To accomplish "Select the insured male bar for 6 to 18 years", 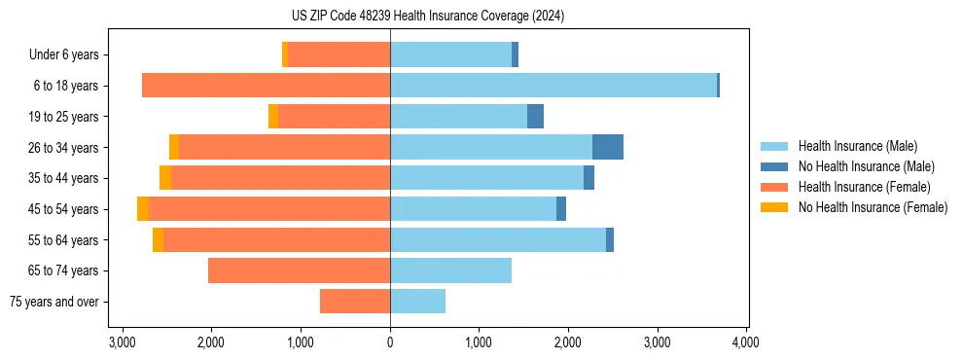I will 553,86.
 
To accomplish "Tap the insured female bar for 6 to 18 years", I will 266,86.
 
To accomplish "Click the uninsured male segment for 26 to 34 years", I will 607,147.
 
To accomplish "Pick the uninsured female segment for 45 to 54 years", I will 143,209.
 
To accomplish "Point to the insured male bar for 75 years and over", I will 417,302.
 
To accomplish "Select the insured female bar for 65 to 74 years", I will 299,270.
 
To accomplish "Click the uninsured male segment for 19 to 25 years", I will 535,117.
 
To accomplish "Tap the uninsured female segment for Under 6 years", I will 285,54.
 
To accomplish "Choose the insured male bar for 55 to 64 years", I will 497,240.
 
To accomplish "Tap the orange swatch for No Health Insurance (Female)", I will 775,207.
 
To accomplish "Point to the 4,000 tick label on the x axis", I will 746,342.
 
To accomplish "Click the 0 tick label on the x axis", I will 390,342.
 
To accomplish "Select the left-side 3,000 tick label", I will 122,342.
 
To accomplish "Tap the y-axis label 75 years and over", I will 53,302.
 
